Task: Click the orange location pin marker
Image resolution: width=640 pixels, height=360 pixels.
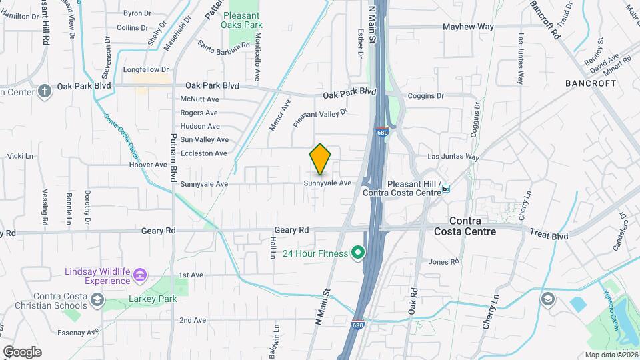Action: coord(320,159)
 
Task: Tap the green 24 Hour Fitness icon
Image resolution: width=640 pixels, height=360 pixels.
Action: coord(358,253)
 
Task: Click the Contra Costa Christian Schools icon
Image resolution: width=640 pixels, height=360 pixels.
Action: coord(97,299)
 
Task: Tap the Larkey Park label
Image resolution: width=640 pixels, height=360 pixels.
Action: coord(154,299)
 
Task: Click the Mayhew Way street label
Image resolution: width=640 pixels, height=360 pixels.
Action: coord(469,27)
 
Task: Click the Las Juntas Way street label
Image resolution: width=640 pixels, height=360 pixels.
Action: coord(453,157)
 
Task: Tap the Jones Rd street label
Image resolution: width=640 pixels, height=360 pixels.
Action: coord(444,261)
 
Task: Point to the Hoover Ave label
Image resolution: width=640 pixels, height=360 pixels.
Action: coord(148,164)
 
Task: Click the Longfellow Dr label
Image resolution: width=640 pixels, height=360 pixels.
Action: coord(146,69)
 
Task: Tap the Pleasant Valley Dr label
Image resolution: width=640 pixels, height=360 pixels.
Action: coord(321,119)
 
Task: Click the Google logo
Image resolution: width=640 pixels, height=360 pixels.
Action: coord(22,352)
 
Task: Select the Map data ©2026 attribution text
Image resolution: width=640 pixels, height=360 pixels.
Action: coord(611,355)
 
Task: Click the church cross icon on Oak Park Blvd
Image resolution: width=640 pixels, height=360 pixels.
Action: coord(45,91)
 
